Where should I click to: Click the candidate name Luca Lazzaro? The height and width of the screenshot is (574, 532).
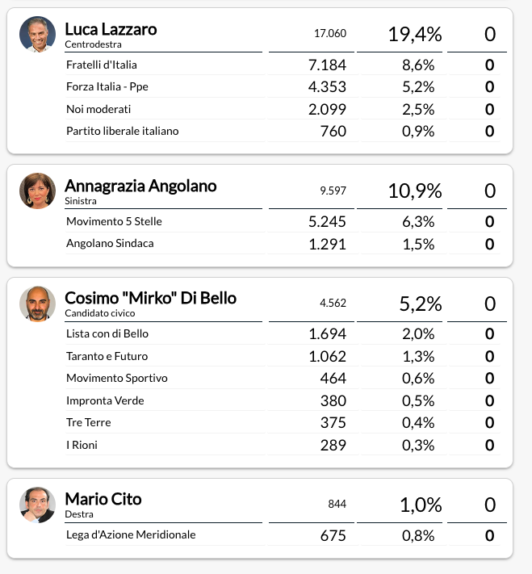tap(111, 29)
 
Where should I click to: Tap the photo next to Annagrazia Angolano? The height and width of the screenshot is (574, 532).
tap(37, 191)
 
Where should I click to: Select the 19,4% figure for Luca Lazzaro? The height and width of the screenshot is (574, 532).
tap(415, 34)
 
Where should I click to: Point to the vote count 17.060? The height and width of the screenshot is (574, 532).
tap(330, 33)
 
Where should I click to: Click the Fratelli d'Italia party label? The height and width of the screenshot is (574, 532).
tap(102, 65)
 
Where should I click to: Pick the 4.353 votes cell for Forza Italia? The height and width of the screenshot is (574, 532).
tap(327, 86)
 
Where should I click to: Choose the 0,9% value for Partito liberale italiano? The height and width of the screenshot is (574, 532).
tap(418, 131)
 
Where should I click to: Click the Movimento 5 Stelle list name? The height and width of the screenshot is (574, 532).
tap(114, 221)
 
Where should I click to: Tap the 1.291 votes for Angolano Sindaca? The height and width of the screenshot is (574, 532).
tap(327, 244)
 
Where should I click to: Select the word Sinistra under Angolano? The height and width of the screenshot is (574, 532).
tap(81, 201)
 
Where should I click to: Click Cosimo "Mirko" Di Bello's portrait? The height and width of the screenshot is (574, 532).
tap(37, 304)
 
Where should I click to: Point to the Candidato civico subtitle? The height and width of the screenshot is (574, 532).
tap(100, 313)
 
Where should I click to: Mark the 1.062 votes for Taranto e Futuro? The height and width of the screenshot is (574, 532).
tap(327, 356)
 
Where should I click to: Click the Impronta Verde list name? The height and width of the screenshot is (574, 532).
tap(105, 400)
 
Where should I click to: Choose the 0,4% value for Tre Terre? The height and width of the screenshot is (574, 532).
tap(418, 423)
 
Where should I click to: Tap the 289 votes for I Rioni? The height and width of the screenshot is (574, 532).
tap(333, 445)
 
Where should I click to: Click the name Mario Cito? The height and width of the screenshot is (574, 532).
tap(103, 499)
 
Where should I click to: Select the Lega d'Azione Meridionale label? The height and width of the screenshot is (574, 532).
tap(131, 534)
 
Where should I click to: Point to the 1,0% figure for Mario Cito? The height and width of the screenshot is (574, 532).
tap(421, 505)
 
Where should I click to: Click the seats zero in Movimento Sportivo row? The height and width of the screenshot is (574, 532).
tap(489, 378)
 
